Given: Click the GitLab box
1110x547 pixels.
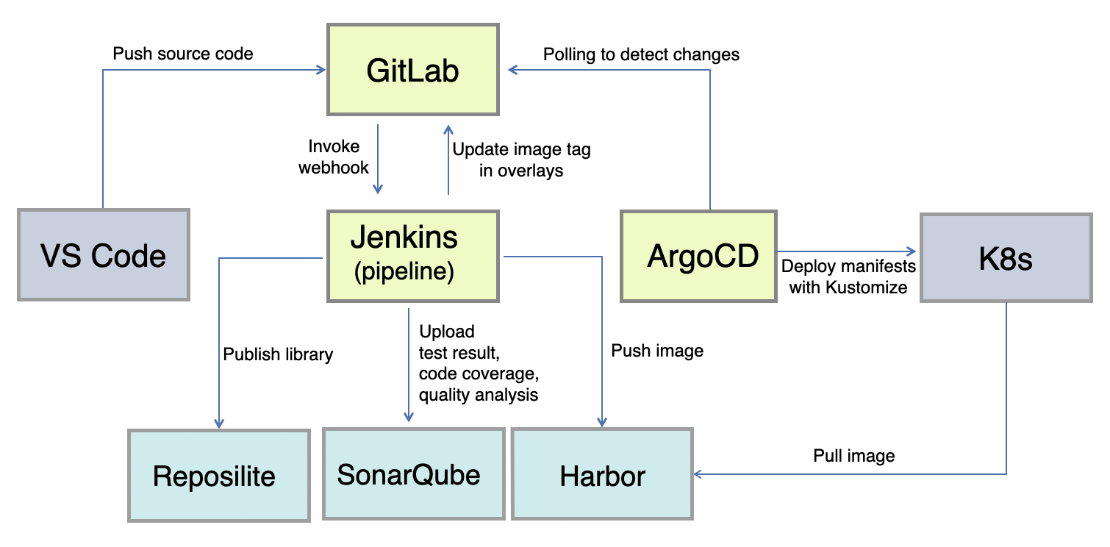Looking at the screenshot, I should (x=413, y=71).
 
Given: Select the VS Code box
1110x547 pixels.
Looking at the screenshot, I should (x=104, y=255).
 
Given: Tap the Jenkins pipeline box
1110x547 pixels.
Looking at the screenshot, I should (x=413, y=255).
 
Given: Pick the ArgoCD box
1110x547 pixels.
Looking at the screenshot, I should (x=698, y=256).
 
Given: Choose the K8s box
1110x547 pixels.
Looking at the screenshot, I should (x=1006, y=257).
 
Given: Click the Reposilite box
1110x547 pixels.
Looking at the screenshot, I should (x=218, y=476).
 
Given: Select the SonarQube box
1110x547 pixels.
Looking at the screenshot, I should (x=413, y=474).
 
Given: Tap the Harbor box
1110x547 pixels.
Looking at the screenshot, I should (x=602, y=476).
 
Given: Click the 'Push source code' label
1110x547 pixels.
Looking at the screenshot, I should (x=182, y=54).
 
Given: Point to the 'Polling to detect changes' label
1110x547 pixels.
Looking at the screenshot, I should (x=641, y=54).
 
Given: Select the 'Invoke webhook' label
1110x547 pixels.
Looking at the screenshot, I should (x=334, y=157).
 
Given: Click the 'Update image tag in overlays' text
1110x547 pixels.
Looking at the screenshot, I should (x=521, y=160).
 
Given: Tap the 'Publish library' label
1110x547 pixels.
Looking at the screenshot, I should (x=278, y=354).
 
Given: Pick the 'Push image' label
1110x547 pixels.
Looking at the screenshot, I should (x=657, y=351).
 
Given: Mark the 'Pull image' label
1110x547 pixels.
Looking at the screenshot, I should (x=853, y=456).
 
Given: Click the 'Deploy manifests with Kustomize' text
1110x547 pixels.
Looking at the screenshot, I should (x=848, y=276).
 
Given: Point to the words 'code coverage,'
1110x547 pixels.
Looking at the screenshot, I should (x=474, y=373).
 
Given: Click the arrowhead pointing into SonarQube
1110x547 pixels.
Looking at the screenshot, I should (x=409, y=418).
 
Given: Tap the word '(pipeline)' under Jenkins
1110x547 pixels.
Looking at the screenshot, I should (x=404, y=271).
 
